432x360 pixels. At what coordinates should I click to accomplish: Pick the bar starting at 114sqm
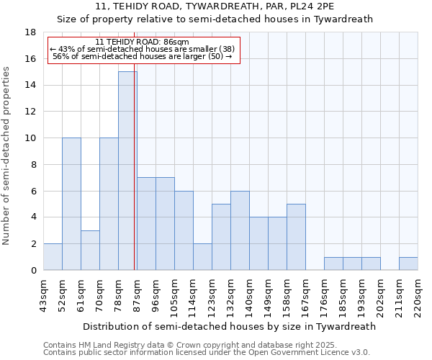pyautogui.click(x=202, y=256)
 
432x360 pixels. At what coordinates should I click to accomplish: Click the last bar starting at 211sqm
pyautogui.click(x=408, y=264)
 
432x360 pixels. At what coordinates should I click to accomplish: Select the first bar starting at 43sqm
pyautogui.click(x=53, y=256)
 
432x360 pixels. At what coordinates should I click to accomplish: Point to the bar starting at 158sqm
pyautogui.click(x=296, y=237)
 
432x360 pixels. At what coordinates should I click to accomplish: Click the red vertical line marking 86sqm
pyautogui.click(x=135, y=180)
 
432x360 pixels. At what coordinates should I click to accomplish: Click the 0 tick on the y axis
pyautogui.click(x=34, y=271)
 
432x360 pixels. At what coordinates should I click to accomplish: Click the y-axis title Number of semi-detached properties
pyautogui.click(x=7, y=156)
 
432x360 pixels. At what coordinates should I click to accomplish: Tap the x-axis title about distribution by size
pyautogui.click(x=229, y=326)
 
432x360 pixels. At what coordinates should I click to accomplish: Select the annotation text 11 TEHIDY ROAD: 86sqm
pyautogui.click(x=142, y=42)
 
